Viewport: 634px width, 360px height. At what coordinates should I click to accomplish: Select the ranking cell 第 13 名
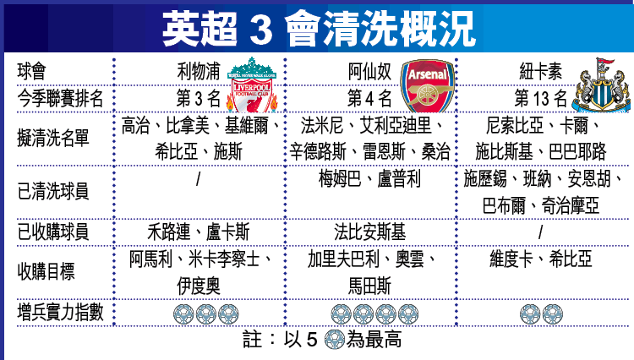(541, 99)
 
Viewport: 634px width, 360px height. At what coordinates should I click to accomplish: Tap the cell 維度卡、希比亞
(541, 258)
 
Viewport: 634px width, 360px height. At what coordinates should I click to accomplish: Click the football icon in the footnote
(334, 342)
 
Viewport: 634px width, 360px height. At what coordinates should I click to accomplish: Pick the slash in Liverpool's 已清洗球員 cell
(198, 180)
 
